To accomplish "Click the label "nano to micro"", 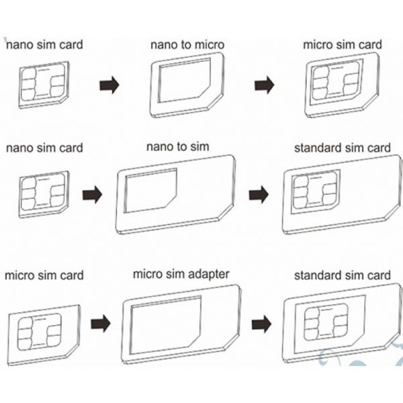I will pos(187,45).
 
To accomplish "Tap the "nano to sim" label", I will pos(177,146).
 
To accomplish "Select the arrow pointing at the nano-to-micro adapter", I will pos(109,85).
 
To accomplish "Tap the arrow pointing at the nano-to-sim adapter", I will pos(92,195).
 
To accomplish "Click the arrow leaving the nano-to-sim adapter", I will pos(259,195).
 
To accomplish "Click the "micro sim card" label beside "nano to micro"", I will pos(342,45).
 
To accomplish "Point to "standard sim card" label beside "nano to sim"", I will pos(342,147).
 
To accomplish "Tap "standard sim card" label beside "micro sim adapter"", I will pos(342,275).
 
